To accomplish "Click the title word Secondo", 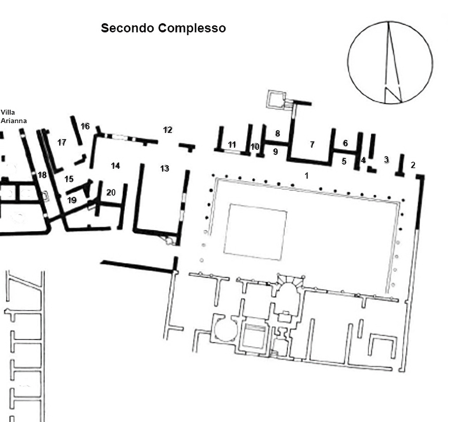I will click(128, 28).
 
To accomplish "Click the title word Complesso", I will click(192, 28).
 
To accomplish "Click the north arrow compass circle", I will click(390, 62).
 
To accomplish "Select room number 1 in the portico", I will click(307, 176).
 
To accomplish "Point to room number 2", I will click(413, 165).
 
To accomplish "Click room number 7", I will click(312, 145).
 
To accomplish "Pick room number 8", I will click(277, 133).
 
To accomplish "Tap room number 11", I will click(232, 145).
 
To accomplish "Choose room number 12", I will click(167, 130).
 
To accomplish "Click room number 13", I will click(165, 168).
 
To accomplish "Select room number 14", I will click(115, 166).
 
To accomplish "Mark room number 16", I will click(85, 127).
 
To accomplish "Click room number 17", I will click(62, 142).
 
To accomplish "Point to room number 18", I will click(42, 175).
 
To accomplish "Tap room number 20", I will click(111, 193).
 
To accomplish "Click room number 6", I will click(345, 143).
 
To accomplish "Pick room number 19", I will click(72, 200).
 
